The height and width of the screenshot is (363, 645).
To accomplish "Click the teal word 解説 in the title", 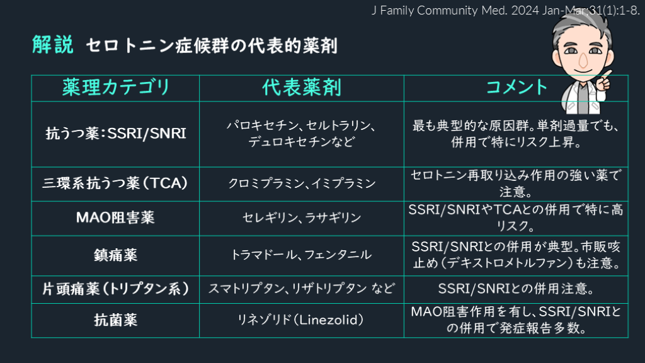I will pyautogui.click(x=53, y=45).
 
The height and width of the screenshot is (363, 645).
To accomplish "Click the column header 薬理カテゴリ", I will pyautogui.click(x=116, y=88).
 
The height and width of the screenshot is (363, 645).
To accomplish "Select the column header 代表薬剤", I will pyautogui.click(x=302, y=88).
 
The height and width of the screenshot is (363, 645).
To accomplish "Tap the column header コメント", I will pyautogui.click(x=517, y=88).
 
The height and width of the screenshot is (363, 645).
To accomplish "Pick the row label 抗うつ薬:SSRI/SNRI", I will pyautogui.click(x=116, y=134).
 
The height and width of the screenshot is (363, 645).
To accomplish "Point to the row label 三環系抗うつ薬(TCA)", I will pyautogui.click(x=116, y=183).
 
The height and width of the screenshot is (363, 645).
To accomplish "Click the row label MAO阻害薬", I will pyautogui.click(x=116, y=217).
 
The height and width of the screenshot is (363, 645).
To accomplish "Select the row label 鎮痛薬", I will pyautogui.click(x=116, y=255).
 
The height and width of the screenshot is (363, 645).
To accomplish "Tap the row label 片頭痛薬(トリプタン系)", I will pyautogui.click(x=116, y=289).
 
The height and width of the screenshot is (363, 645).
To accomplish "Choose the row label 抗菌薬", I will pyautogui.click(x=116, y=320).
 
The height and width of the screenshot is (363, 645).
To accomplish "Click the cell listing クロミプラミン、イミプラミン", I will pyautogui.click(x=302, y=184).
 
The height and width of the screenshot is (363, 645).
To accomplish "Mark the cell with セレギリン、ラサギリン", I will pyautogui.click(x=302, y=218).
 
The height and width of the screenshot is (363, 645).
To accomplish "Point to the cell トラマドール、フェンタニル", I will pyautogui.click(x=302, y=255).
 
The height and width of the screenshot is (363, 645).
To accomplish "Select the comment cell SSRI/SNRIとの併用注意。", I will pyautogui.click(x=517, y=289).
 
